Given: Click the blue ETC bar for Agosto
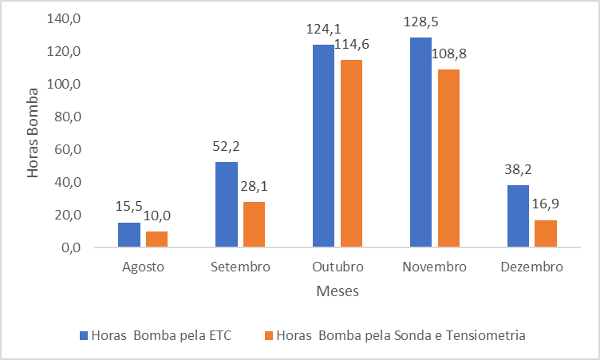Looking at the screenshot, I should (129, 235).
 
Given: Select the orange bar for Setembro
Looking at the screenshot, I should (254, 224).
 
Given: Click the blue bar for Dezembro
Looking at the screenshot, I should (518, 216).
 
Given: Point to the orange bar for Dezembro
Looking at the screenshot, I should (545, 233).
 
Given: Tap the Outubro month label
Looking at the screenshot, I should (337, 267).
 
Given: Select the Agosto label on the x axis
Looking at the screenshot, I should (144, 267).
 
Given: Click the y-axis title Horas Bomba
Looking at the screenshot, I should (34, 133).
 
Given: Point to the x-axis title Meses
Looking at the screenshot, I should (337, 291).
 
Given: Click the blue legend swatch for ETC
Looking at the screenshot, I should (84, 335).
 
